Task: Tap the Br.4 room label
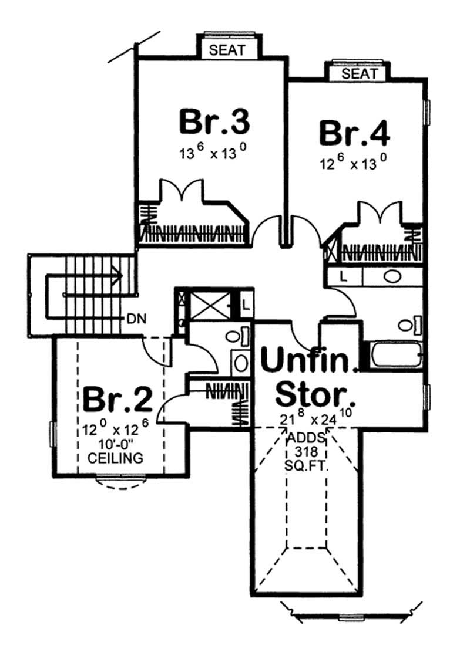coord(354,133)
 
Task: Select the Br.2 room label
coord(117,400)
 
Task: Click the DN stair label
coord(136,319)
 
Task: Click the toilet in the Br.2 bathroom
coord(235,336)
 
